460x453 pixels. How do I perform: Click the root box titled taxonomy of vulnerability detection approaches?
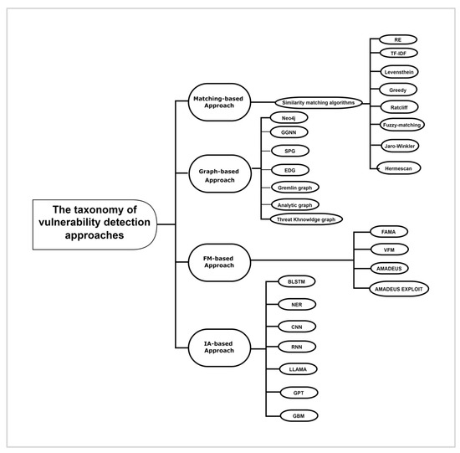94,224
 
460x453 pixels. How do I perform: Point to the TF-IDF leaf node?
399,52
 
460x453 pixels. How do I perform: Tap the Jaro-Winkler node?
399,146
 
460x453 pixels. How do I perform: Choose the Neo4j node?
288,119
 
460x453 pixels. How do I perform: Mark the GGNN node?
288,131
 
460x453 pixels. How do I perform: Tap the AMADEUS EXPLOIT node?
401,289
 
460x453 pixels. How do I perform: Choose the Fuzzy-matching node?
401,125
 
